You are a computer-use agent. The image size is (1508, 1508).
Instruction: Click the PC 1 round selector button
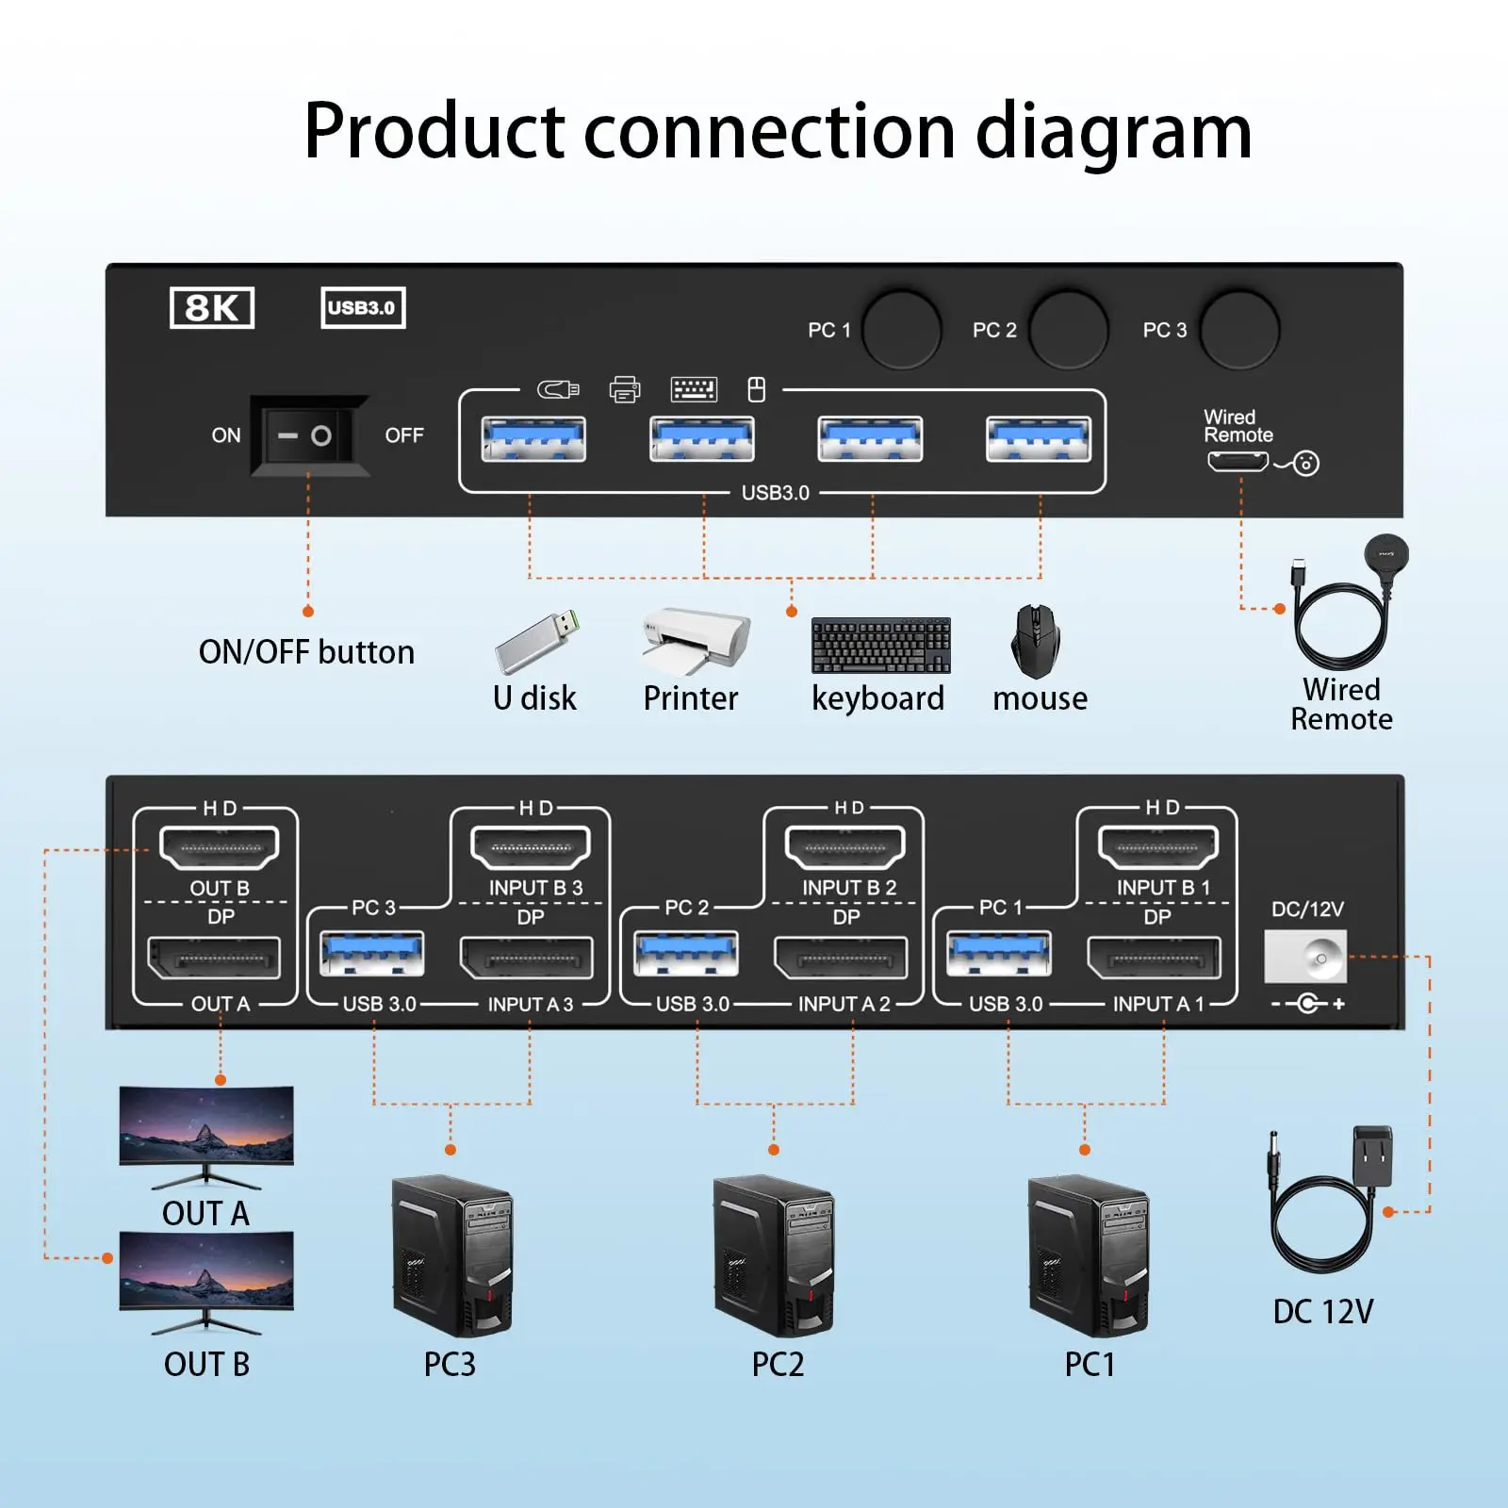tap(902, 329)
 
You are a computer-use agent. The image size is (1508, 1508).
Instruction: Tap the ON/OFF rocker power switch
tap(308, 435)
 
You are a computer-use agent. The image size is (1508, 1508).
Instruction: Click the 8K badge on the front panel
tap(212, 308)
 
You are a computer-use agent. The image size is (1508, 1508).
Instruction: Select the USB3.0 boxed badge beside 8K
tap(363, 308)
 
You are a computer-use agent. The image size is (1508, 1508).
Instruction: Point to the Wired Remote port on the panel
tap(1238, 462)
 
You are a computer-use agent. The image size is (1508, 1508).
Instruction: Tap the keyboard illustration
tap(880, 646)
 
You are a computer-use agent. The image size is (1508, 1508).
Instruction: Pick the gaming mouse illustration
tap(1035, 642)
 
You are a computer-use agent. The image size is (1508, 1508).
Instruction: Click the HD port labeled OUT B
tap(220, 847)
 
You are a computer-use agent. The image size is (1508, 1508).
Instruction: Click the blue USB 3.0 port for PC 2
tap(686, 955)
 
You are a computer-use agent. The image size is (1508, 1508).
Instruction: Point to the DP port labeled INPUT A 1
tap(1154, 959)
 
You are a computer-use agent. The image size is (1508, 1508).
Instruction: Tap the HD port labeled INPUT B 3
tap(531, 847)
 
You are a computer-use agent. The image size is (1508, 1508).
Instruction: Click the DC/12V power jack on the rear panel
tap(1305, 957)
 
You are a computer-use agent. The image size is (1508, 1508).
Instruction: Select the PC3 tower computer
tap(452, 1255)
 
